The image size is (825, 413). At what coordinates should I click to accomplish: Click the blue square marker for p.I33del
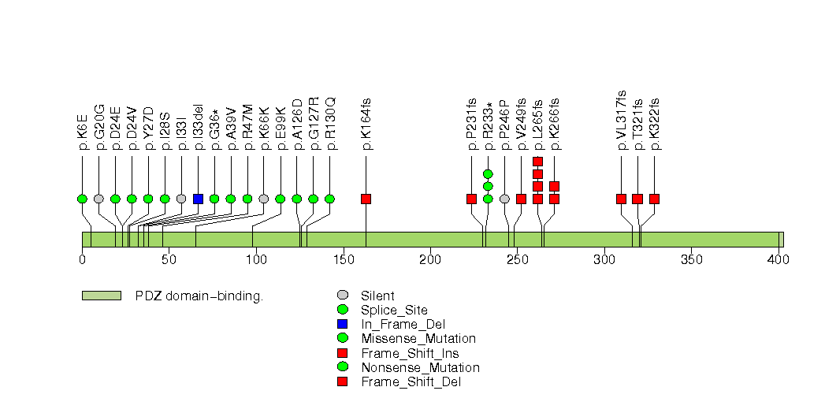pos(198,199)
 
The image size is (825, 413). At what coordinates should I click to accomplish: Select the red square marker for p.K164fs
pos(366,199)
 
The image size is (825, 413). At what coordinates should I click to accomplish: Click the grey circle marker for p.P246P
pos(504,199)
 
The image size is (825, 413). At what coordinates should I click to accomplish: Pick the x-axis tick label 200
pos(430,261)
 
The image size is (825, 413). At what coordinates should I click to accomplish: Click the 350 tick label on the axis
pos(691,261)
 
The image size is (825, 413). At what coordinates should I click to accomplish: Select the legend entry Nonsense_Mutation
pos(420,367)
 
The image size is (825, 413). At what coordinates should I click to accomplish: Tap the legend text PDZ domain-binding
pos(199,296)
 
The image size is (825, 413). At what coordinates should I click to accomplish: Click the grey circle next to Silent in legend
pos(341,296)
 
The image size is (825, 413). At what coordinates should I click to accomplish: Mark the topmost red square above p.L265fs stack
pos(537,162)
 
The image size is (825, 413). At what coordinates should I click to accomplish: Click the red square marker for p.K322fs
pos(654,199)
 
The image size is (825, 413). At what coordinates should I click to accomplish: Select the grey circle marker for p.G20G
pos(98,199)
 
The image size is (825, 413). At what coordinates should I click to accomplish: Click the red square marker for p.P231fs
pos(471,199)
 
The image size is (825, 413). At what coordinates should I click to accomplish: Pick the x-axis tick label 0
pos(82,261)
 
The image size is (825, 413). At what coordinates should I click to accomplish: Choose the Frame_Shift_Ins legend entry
pos(410,353)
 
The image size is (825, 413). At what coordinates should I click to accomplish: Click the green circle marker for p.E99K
pos(280,199)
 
